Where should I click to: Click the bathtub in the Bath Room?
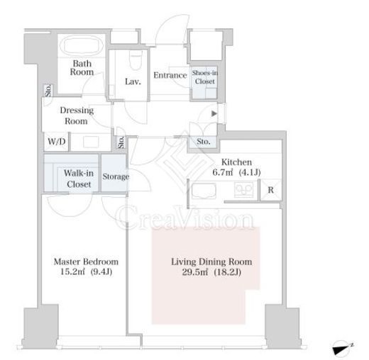(82, 45)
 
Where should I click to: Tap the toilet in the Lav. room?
(136, 60)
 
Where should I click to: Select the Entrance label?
(170, 75)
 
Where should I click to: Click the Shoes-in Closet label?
(204, 77)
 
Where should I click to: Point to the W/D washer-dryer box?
(57, 142)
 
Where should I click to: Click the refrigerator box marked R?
(271, 190)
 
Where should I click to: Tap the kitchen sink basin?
(204, 191)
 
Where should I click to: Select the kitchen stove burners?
(243, 190)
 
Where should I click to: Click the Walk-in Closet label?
(79, 179)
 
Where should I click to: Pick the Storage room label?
(116, 176)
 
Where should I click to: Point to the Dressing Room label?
(77, 116)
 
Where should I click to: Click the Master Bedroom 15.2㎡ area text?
(86, 266)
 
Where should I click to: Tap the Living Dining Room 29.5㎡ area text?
(211, 267)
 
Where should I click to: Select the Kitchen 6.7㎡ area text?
(236, 167)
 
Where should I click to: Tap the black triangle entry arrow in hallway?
(214, 113)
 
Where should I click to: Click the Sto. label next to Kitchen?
(204, 142)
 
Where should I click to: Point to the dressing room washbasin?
(91, 142)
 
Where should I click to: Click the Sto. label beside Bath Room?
(48, 90)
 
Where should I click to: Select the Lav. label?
(133, 81)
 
